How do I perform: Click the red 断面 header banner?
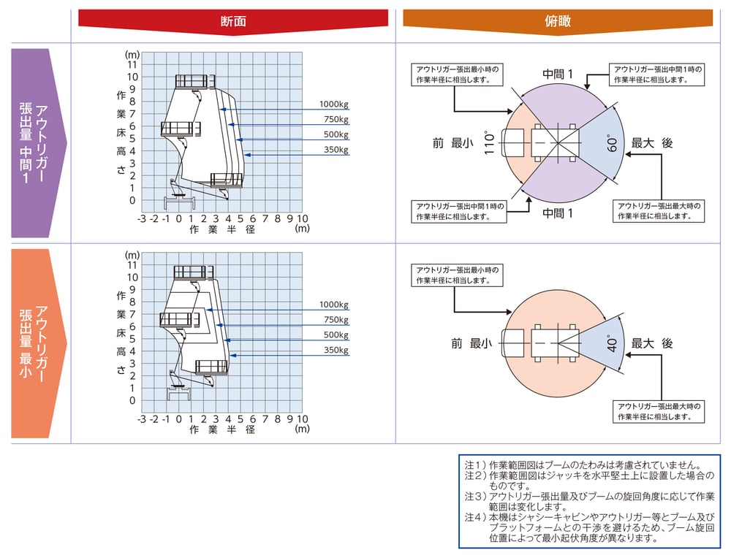click(x=233, y=21)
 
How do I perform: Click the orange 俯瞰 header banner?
click(x=558, y=21)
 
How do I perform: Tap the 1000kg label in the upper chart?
click(x=334, y=104)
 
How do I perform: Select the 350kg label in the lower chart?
click(x=336, y=351)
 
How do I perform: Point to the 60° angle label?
click(x=612, y=144)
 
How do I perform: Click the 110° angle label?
click(x=488, y=142)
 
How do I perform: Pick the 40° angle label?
click(x=612, y=344)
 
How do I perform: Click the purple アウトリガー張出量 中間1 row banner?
click(x=38, y=143)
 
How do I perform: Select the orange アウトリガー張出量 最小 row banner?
click(x=38, y=343)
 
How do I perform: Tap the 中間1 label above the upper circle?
click(x=558, y=74)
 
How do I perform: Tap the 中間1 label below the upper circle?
click(x=558, y=213)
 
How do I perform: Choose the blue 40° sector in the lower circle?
click(x=602, y=344)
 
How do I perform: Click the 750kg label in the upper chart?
click(x=336, y=119)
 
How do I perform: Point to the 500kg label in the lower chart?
click(x=336, y=335)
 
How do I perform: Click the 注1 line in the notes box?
click(x=583, y=465)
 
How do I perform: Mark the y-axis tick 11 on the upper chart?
click(x=132, y=65)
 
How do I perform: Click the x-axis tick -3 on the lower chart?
click(x=142, y=419)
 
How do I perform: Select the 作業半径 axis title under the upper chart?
click(x=222, y=229)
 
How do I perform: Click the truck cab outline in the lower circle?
click(x=513, y=344)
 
